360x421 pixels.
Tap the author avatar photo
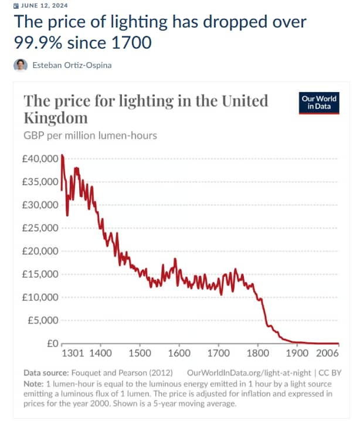[21, 64]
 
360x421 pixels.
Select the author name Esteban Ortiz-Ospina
[72, 65]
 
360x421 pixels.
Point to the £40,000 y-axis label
[40, 159]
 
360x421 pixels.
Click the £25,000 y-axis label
[40, 228]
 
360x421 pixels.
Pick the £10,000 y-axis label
[40, 297]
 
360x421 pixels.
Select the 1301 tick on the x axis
[73, 354]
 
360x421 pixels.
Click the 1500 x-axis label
[140, 354]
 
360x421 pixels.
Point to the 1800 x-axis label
[258, 354]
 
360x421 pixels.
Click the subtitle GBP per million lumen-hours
[90, 136]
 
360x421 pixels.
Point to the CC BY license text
[329, 372]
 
